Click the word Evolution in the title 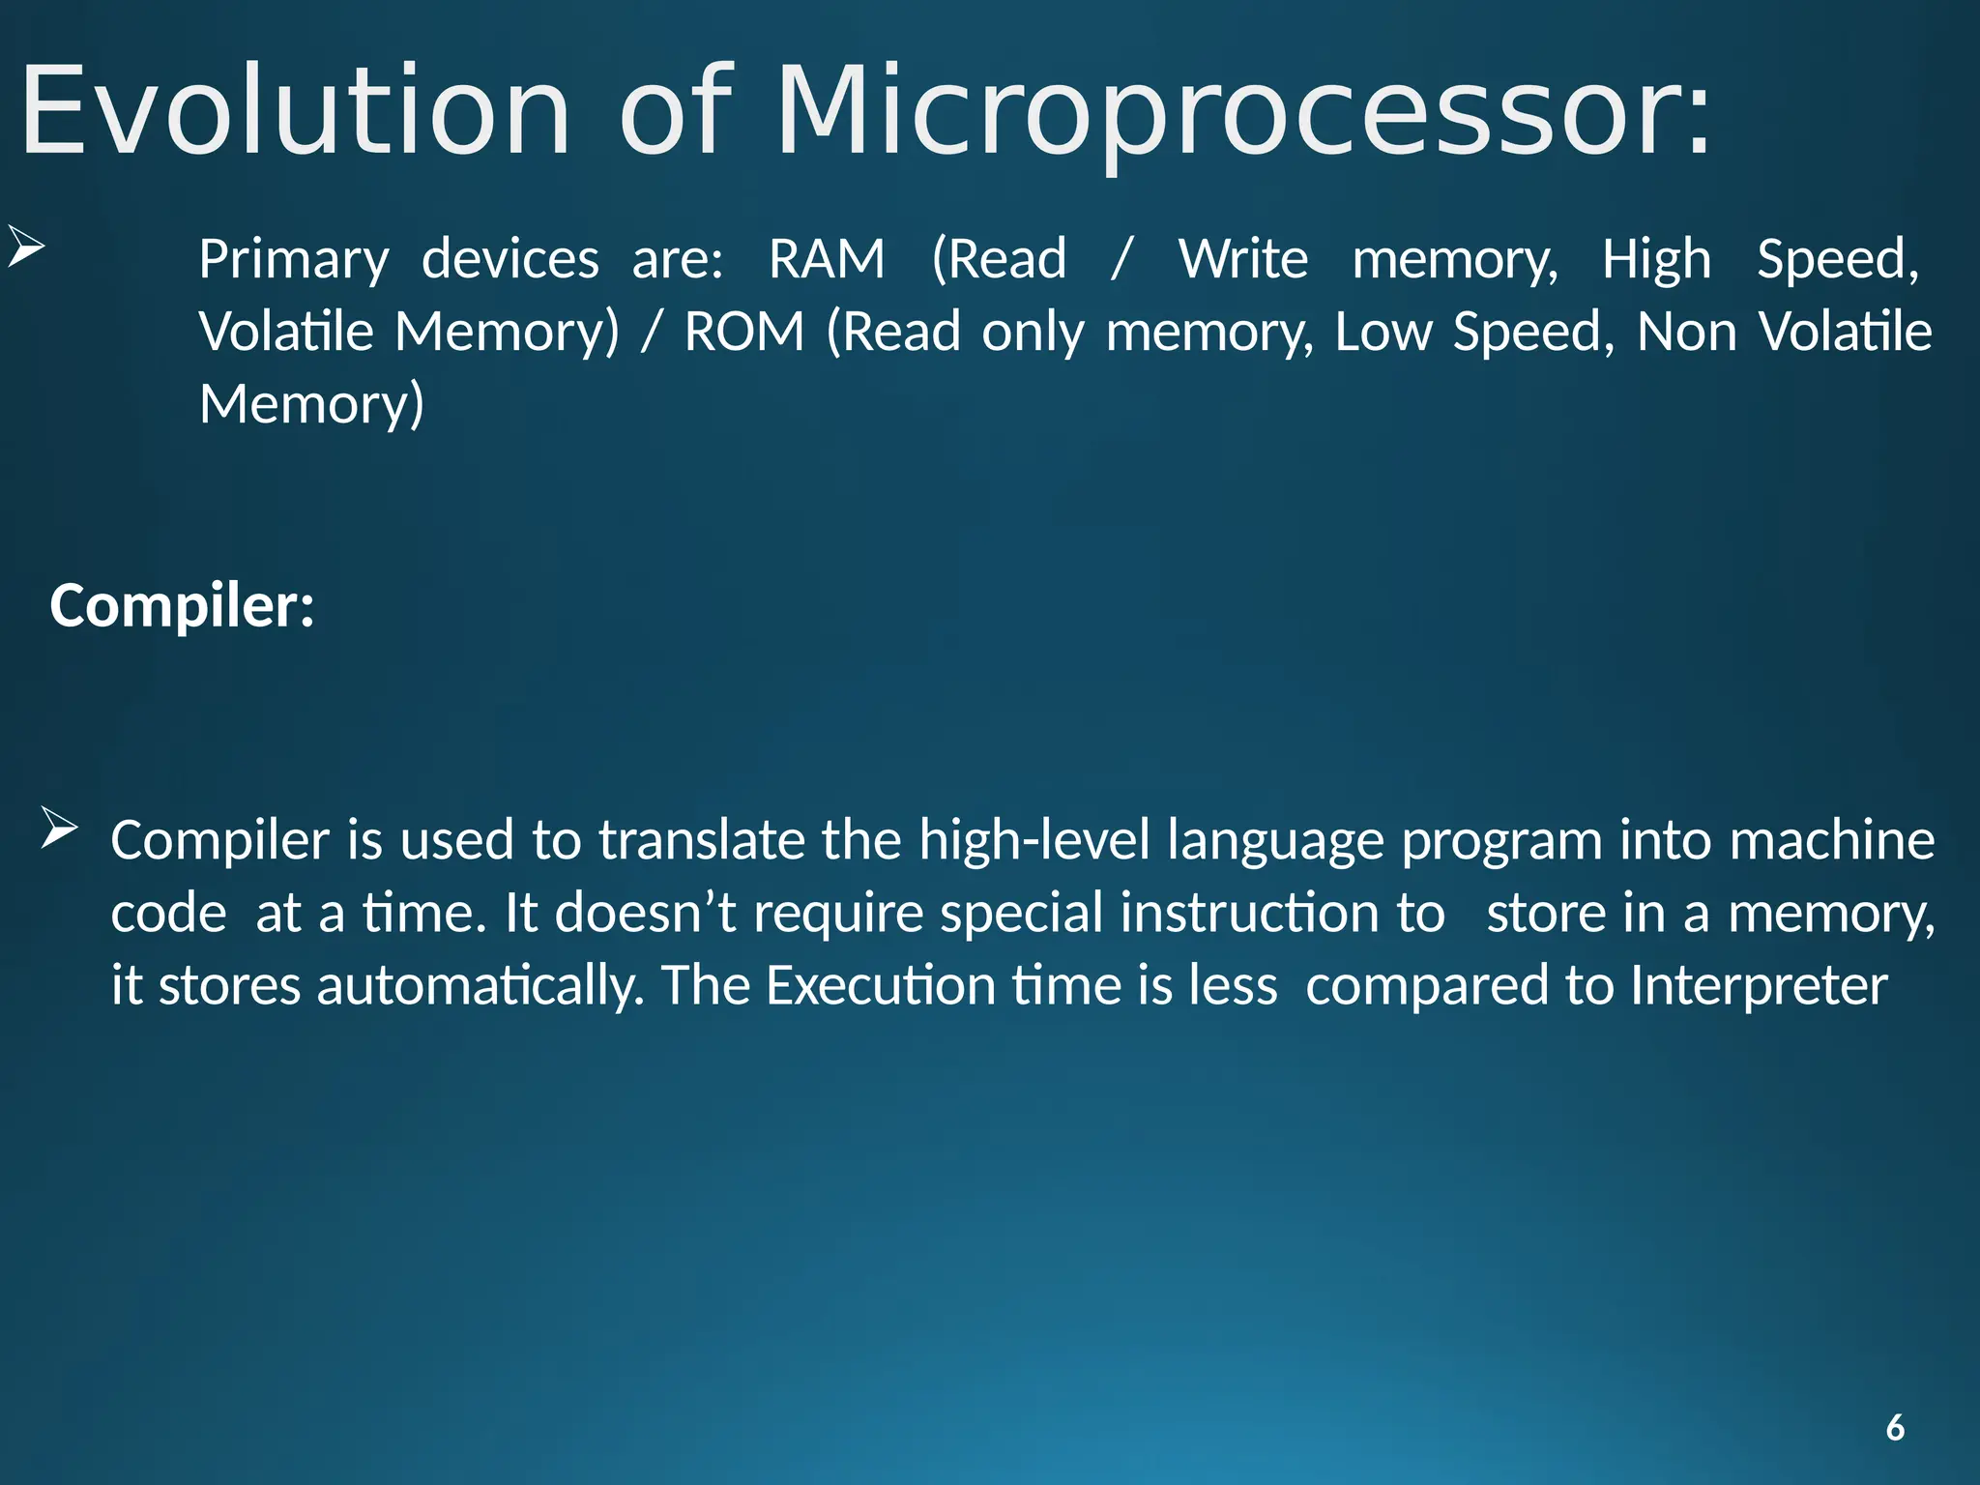(296, 111)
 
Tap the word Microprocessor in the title (1242, 111)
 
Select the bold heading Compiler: (182, 606)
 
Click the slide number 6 (1895, 1428)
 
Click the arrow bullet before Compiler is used (59, 830)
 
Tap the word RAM (827, 259)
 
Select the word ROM (743, 332)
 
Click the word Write (1242, 259)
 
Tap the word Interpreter (1759, 986)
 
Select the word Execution (880, 986)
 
